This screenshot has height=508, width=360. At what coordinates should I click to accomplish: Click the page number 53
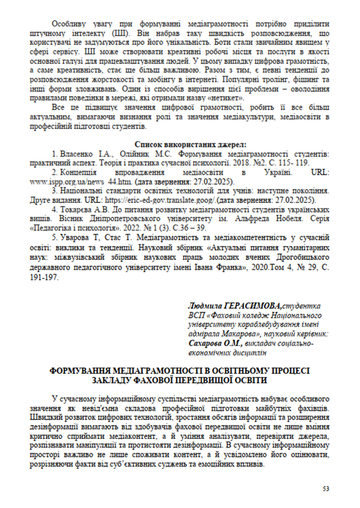tap(326, 488)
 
